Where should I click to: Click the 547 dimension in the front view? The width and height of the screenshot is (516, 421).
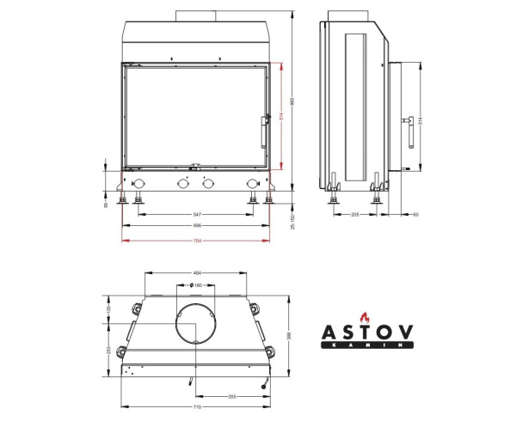pos(197,212)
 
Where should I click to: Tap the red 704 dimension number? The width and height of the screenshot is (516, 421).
pos(197,240)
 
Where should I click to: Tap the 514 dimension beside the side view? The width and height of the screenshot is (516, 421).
pos(420,121)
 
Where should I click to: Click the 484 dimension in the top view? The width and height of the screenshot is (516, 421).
pos(197,274)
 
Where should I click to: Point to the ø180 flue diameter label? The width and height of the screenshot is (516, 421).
pos(197,285)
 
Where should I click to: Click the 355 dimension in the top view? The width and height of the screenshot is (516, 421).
pos(232,396)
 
